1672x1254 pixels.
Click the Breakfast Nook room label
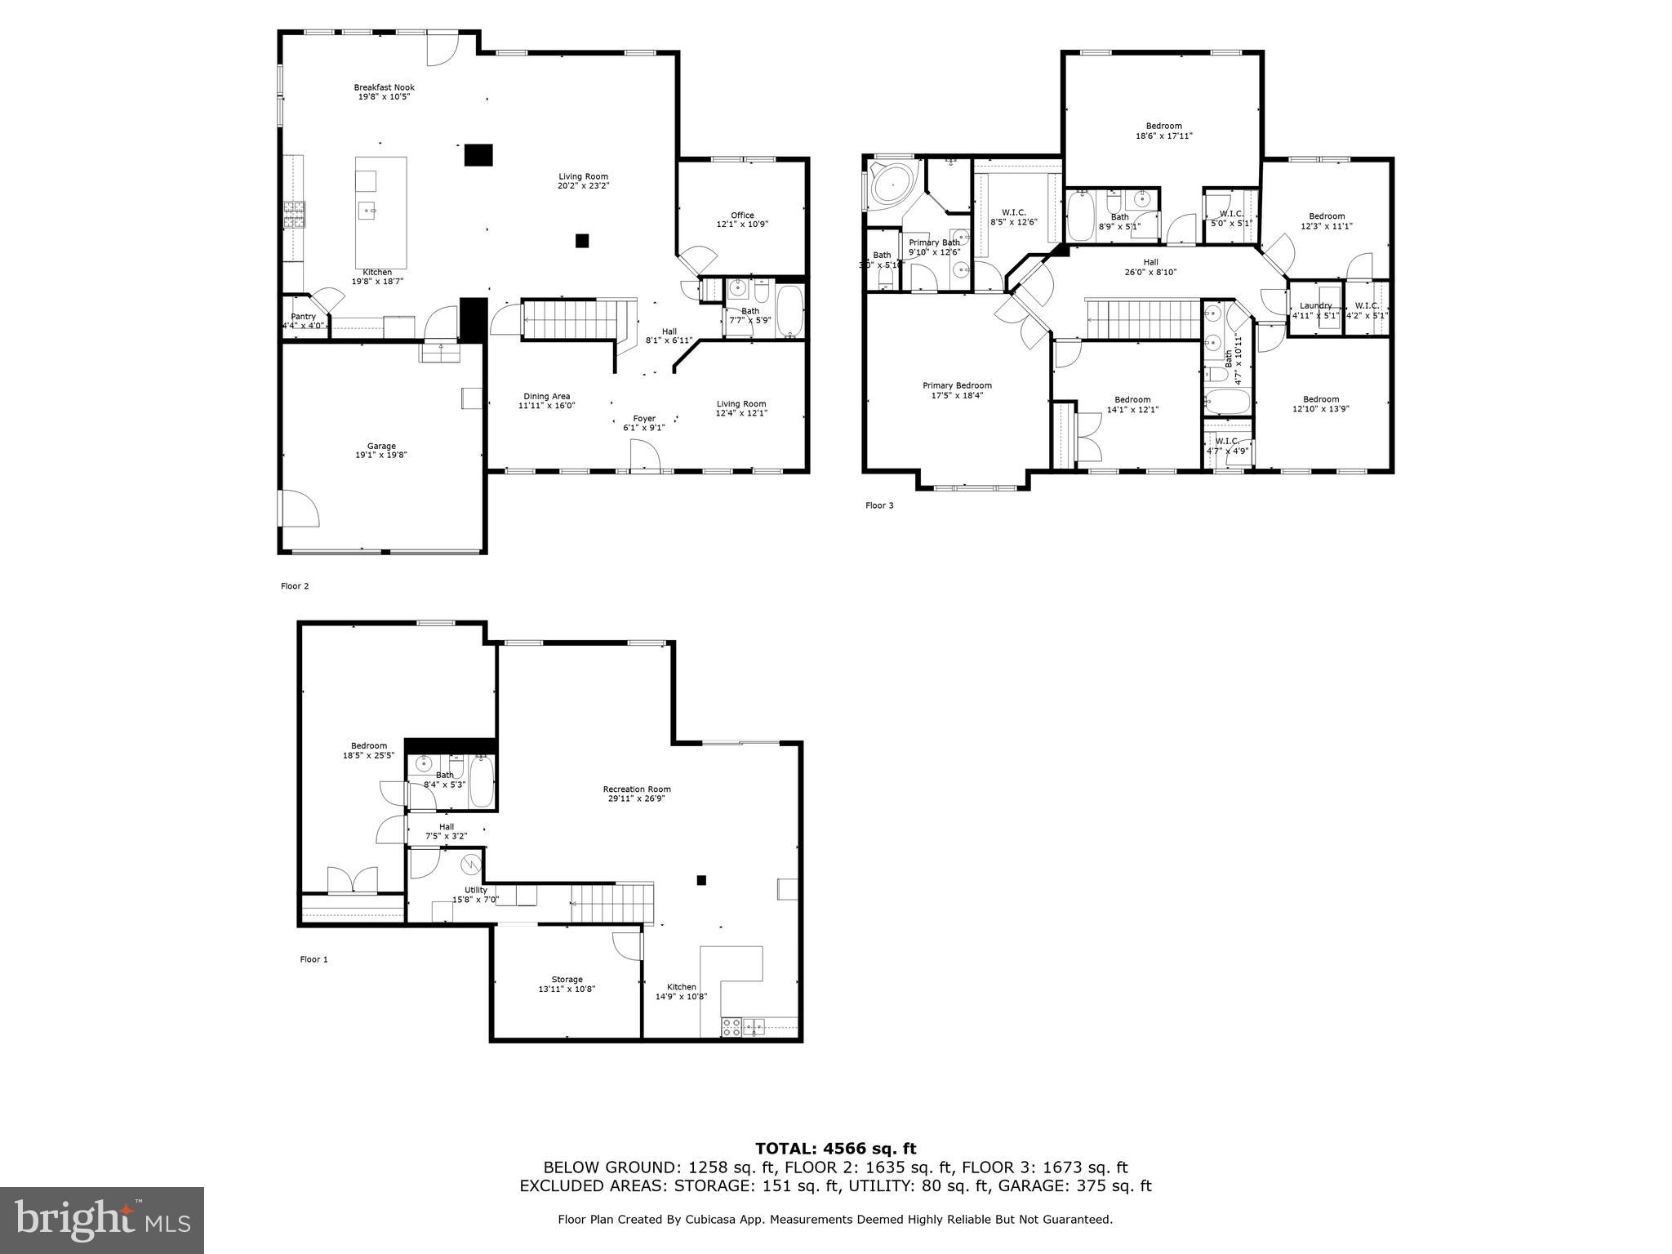coord(384,87)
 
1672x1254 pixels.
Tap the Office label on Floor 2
coord(742,216)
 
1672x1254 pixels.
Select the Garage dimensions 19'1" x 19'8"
coord(380,456)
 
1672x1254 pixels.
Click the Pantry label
coord(303,317)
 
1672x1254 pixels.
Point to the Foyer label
coord(644,419)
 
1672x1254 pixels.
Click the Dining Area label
coord(546,397)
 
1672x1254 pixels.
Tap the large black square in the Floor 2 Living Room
coord(478,155)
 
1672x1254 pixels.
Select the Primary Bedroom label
coord(957,385)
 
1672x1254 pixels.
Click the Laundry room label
coord(1315,305)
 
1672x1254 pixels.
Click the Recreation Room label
coord(637,789)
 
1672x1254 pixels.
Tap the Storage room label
coord(567,980)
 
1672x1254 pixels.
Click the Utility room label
coord(476,891)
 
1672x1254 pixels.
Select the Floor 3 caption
coord(879,505)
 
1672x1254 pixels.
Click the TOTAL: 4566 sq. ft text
coord(835,1149)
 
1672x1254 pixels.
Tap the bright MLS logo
coord(102,1220)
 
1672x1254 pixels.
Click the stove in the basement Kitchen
coord(731,1027)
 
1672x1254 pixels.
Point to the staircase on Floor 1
coord(612,903)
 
